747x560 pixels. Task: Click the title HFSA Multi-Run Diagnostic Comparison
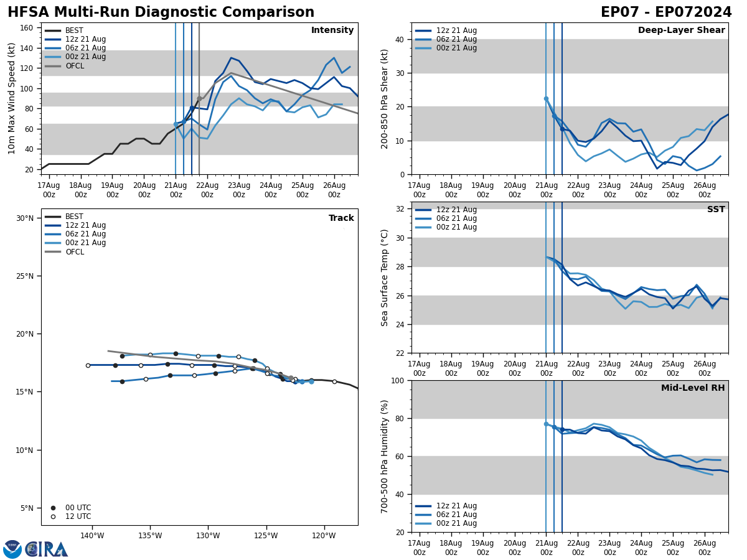pyautogui.click(x=161, y=12)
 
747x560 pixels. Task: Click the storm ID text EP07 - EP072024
pyautogui.click(x=666, y=12)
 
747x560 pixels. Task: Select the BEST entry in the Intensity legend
pyautogui.click(x=74, y=30)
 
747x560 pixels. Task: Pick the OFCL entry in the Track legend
pyautogui.click(x=74, y=252)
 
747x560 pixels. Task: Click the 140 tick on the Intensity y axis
pyautogui.click(x=29, y=48)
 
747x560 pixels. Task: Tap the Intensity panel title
pyautogui.click(x=332, y=30)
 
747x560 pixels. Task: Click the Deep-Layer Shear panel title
pyautogui.click(x=681, y=30)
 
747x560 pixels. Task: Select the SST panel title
pyautogui.click(x=716, y=210)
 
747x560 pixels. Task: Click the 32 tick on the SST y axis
pyautogui.click(x=400, y=209)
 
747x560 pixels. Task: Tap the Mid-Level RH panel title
pyautogui.click(x=693, y=388)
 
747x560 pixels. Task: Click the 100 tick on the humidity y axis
pyautogui.click(x=398, y=380)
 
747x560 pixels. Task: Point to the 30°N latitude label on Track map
pyautogui.click(x=25, y=218)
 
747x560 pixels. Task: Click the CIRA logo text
pyautogui.click(x=47, y=549)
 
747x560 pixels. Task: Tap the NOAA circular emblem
pyautogui.click(x=12, y=549)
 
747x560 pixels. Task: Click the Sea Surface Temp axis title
pyautogui.click(x=385, y=278)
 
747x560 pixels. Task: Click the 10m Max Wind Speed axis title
pyautogui.click(x=12, y=98)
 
